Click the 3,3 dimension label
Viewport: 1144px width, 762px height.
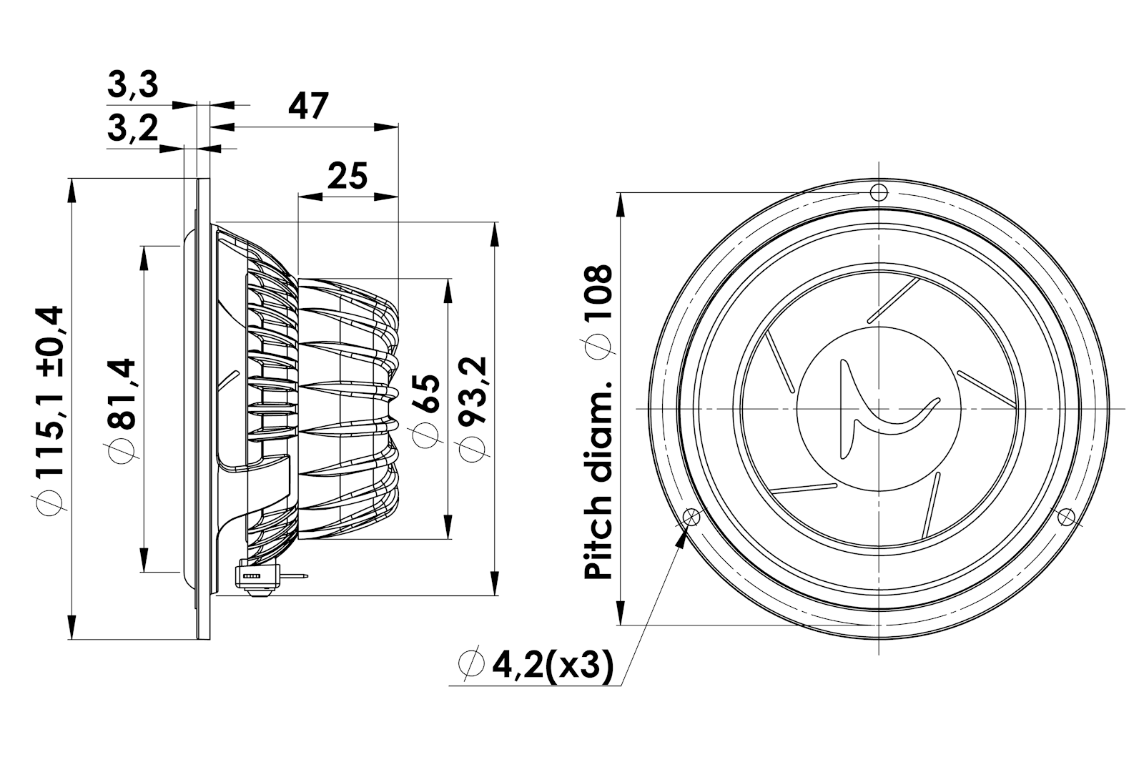tap(133, 85)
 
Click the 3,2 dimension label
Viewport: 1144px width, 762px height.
tap(133, 128)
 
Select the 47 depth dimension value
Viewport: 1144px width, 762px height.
tap(308, 106)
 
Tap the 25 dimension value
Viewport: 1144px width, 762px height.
tap(347, 176)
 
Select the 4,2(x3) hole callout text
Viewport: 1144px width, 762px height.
tap(553, 665)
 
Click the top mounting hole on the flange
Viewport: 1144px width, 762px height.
tap(879, 192)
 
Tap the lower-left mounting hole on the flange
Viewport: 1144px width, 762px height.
tap(691, 517)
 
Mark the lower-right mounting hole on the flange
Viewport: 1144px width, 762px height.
tap(1066, 517)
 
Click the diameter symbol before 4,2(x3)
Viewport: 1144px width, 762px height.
tap(471, 665)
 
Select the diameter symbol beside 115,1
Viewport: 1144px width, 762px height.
tap(49, 503)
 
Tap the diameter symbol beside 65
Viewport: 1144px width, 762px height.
tap(425, 435)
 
